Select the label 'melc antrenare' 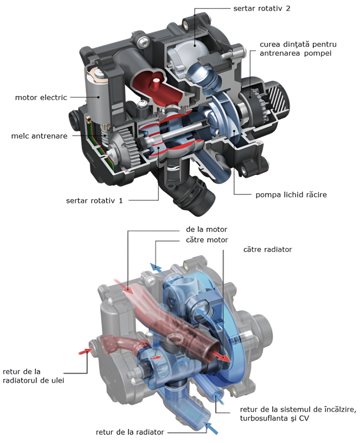pyautogui.click(x=39, y=136)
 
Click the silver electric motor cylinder pyautogui.click(x=99, y=97)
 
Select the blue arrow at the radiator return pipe pyautogui.click(x=212, y=427)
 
